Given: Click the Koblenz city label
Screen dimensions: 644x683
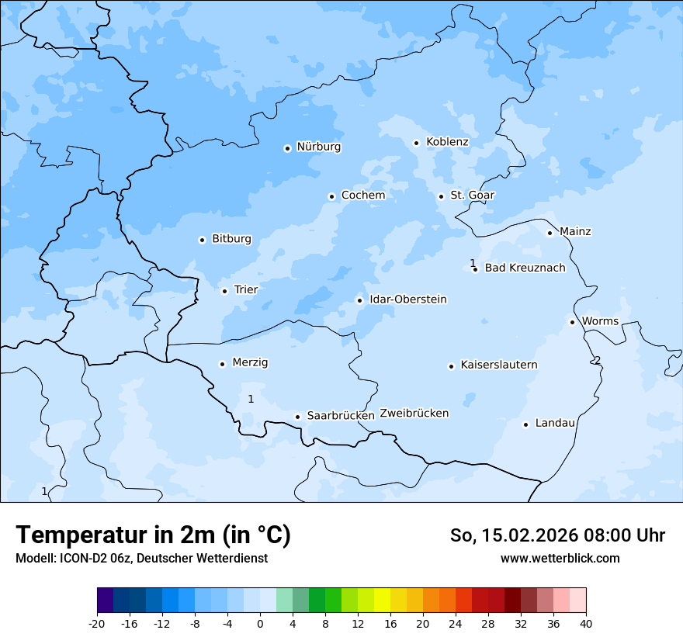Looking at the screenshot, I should pyautogui.click(x=447, y=142).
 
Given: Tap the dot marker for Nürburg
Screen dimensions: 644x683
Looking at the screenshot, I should pyautogui.click(x=287, y=148).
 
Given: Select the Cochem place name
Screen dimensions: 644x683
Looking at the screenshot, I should pyautogui.click(x=362, y=196).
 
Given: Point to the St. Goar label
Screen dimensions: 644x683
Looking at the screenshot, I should pyautogui.click(x=472, y=196).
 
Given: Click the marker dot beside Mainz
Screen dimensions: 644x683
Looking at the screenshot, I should pyautogui.click(x=550, y=233).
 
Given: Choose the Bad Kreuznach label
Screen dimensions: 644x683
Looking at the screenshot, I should pyautogui.click(x=525, y=268).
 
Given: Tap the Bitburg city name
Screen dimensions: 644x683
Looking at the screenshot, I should pyautogui.click(x=231, y=239).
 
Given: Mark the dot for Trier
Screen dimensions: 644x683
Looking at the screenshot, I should pyautogui.click(x=224, y=291).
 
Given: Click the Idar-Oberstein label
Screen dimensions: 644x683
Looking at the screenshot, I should pyautogui.click(x=407, y=299).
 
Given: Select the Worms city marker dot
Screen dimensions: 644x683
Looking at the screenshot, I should pyautogui.click(x=572, y=322).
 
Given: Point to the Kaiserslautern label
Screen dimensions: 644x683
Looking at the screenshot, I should pyautogui.click(x=498, y=365).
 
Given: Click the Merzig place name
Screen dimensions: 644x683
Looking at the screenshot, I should pyautogui.click(x=250, y=363).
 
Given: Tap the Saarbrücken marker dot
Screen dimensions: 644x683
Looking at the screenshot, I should pyautogui.click(x=297, y=417).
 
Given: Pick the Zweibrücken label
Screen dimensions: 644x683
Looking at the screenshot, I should pyautogui.click(x=414, y=414).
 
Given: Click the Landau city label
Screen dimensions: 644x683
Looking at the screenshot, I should pyautogui.click(x=555, y=424).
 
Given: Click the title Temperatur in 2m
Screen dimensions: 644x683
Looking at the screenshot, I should pyautogui.click(x=153, y=535).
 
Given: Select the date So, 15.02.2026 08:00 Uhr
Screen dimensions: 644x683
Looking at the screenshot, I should pyautogui.click(x=557, y=535).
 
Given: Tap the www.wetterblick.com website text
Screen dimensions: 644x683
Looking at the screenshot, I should pyautogui.click(x=560, y=559).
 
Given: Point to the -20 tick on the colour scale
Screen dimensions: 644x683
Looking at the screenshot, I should pyautogui.click(x=97, y=624).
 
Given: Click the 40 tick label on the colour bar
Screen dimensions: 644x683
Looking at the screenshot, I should pyautogui.click(x=586, y=624).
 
